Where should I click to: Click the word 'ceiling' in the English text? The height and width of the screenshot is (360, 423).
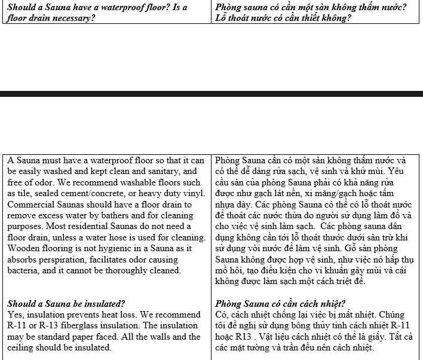pyautogui.click(x=22, y=347)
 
